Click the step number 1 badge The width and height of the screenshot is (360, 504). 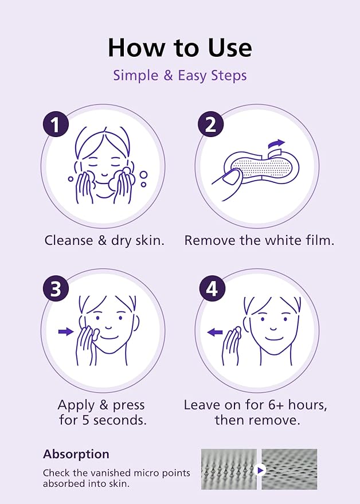[56, 124]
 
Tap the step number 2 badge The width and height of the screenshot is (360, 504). [210, 124]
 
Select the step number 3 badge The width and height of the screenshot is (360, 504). [56, 288]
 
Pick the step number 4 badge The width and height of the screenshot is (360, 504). [212, 288]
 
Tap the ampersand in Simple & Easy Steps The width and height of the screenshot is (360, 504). [168, 76]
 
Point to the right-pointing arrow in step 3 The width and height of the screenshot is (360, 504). [66, 331]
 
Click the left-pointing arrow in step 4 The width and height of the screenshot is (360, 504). [215, 332]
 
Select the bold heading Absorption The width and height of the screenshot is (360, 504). [76, 454]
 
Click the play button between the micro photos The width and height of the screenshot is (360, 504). [259, 470]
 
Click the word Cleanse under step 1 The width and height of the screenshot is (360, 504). [69, 240]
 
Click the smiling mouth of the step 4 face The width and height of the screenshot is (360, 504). [272, 338]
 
